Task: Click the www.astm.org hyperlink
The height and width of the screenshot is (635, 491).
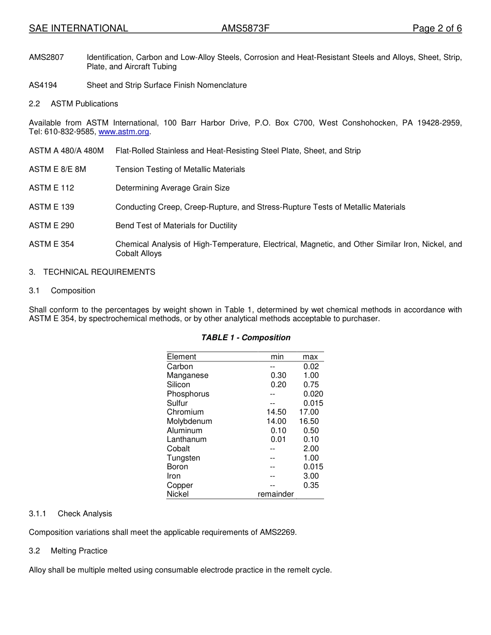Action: (x=124, y=132)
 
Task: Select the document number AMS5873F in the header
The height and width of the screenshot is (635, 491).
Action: (x=245, y=28)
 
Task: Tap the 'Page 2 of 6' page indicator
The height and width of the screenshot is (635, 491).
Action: (x=437, y=28)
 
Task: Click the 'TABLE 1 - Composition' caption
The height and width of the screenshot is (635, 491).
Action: (x=245, y=338)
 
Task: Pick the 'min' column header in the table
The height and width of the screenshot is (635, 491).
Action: (x=277, y=357)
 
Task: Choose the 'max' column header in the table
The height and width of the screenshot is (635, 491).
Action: (x=310, y=357)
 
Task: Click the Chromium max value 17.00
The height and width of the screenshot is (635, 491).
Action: (x=309, y=412)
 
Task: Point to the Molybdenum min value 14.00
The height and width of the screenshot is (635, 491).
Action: (x=276, y=421)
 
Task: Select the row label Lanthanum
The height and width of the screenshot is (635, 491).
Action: (x=186, y=439)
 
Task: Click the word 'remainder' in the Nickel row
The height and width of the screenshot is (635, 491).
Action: (x=275, y=494)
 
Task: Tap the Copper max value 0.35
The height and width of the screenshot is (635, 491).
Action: (x=311, y=485)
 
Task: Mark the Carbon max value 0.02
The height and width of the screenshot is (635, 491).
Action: (x=311, y=367)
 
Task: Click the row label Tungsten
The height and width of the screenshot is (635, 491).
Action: (x=183, y=458)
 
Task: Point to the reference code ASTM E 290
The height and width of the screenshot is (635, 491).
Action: (x=51, y=226)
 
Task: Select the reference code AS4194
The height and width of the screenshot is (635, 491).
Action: (x=43, y=85)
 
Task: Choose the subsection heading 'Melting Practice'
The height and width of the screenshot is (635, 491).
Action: (x=79, y=551)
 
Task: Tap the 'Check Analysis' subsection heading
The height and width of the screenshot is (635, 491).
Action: (x=85, y=514)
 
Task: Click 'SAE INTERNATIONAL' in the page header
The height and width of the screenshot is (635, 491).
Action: (x=79, y=28)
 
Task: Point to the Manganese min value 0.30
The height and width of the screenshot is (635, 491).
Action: (x=278, y=375)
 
